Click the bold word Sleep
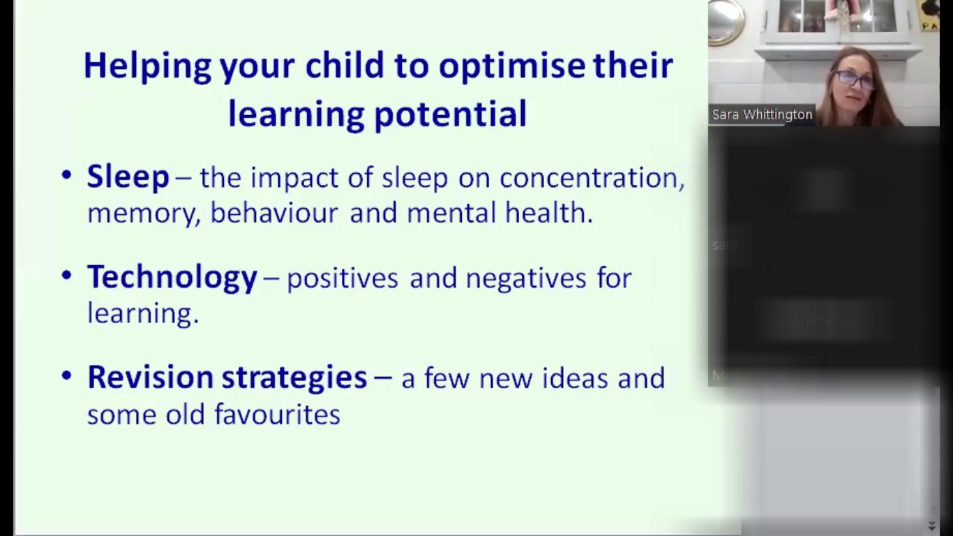(x=128, y=177)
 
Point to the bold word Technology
(x=172, y=278)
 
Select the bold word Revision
(x=150, y=378)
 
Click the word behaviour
(x=273, y=213)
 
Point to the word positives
(x=342, y=278)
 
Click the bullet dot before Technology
(x=67, y=276)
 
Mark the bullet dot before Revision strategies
(x=67, y=376)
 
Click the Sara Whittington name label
(x=762, y=115)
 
